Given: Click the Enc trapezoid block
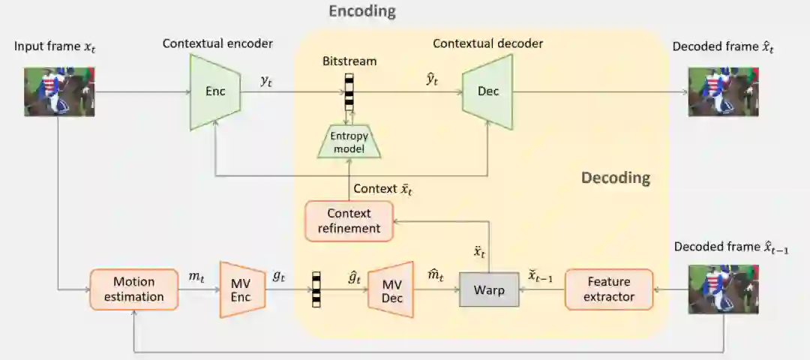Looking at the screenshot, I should coord(214,92).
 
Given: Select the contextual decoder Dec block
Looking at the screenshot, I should coord(487,92).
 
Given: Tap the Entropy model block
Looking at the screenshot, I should coord(349,141).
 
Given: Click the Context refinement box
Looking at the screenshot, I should coord(349,220).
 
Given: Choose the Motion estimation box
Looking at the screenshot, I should coord(133,289).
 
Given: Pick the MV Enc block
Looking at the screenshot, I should coord(241,289).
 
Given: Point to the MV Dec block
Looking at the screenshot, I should coord(391,289).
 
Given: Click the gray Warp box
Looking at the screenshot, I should coord(488,289).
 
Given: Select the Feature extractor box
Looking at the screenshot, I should coord(608,289).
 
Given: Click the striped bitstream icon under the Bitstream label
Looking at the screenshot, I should coord(349,91).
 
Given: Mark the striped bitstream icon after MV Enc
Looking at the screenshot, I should coord(316,289).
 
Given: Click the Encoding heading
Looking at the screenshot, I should coord(361,12).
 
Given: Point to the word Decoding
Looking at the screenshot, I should coord(615,178).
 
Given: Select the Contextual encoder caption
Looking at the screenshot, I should coord(217,44).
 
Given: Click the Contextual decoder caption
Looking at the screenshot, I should coord(487,44).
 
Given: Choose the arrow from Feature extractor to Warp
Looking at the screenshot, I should coord(541,289).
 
